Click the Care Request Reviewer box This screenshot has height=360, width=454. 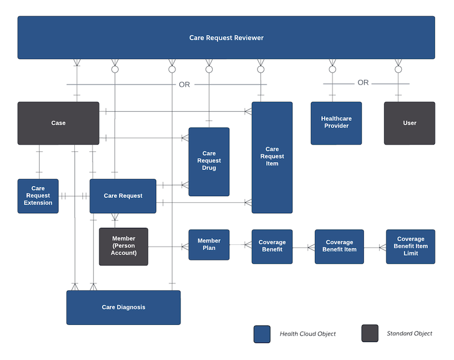tap(226, 37)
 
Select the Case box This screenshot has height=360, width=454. tap(58, 123)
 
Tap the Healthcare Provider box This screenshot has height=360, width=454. tap(336, 122)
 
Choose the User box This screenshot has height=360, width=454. tap(409, 123)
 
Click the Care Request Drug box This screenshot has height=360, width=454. tap(209, 161)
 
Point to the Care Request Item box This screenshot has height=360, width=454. tap(272, 157)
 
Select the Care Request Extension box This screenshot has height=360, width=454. tap(38, 196)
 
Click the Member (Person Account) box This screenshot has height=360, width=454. tap(124, 246)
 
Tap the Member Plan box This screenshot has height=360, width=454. tap(209, 244)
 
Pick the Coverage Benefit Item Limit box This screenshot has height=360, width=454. tap(410, 247)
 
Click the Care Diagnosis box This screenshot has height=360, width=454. tap(123, 307)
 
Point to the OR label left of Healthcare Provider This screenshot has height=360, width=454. tap(184, 84)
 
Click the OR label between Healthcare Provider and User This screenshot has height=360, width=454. tap(363, 83)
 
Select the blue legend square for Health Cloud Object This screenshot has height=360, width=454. tap(262, 334)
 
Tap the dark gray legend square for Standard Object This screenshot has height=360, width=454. tap(369, 333)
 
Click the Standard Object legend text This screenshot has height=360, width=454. tap(409, 333)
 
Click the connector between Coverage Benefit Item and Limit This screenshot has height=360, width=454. tap(375, 247)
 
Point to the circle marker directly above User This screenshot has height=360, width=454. tap(398, 69)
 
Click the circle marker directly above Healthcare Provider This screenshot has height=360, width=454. tap(333, 69)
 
